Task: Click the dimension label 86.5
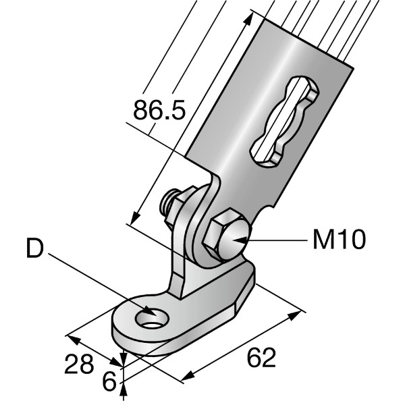(x=159, y=111)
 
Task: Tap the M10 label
(x=339, y=239)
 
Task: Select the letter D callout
(x=35, y=249)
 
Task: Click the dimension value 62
(x=261, y=358)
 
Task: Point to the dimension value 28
(x=79, y=365)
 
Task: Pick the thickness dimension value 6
(x=108, y=381)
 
